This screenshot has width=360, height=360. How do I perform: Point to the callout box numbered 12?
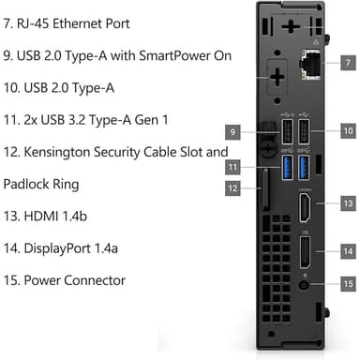click(x=234, y=188)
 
